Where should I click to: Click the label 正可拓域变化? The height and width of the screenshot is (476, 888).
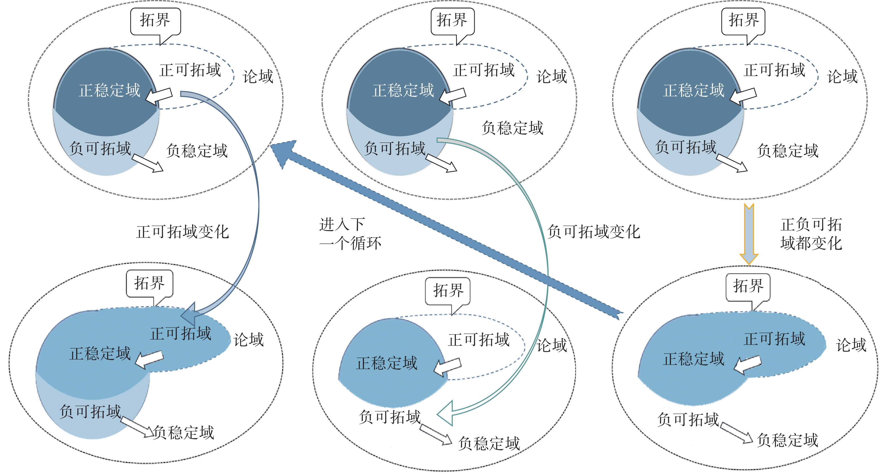(x=182, y=232)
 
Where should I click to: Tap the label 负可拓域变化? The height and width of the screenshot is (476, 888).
(x=594, y=232)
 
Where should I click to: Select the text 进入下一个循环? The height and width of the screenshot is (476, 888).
(x=350, y=234)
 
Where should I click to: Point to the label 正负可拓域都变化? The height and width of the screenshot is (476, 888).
(x=811, y=234)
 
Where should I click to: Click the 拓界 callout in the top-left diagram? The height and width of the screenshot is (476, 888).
(x=155, y=26)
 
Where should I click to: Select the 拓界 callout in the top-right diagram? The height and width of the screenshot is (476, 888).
(x=743, y=26)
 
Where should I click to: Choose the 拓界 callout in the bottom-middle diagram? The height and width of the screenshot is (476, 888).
(x=448, y=295)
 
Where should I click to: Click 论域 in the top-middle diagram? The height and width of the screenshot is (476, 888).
(x=552, y=76)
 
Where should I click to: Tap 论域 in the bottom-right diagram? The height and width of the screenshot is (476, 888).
(x=851, y=345)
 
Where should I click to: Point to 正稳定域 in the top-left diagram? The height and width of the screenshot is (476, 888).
(x=110, y=90)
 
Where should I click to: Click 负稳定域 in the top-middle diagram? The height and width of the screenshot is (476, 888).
(x=512, y=128)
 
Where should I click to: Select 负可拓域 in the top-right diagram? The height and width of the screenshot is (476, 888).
(x=685, y=147)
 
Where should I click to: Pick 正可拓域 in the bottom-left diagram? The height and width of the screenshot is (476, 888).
(x=181, y=333)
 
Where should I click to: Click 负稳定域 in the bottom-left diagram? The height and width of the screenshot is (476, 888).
(x=184, y=432)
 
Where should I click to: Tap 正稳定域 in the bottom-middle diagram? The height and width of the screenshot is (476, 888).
(x=387, y=363)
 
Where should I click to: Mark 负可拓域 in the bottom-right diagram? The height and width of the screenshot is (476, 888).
(x=688, y=419)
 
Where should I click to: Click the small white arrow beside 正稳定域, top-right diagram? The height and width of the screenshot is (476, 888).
(x=743, y=96)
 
